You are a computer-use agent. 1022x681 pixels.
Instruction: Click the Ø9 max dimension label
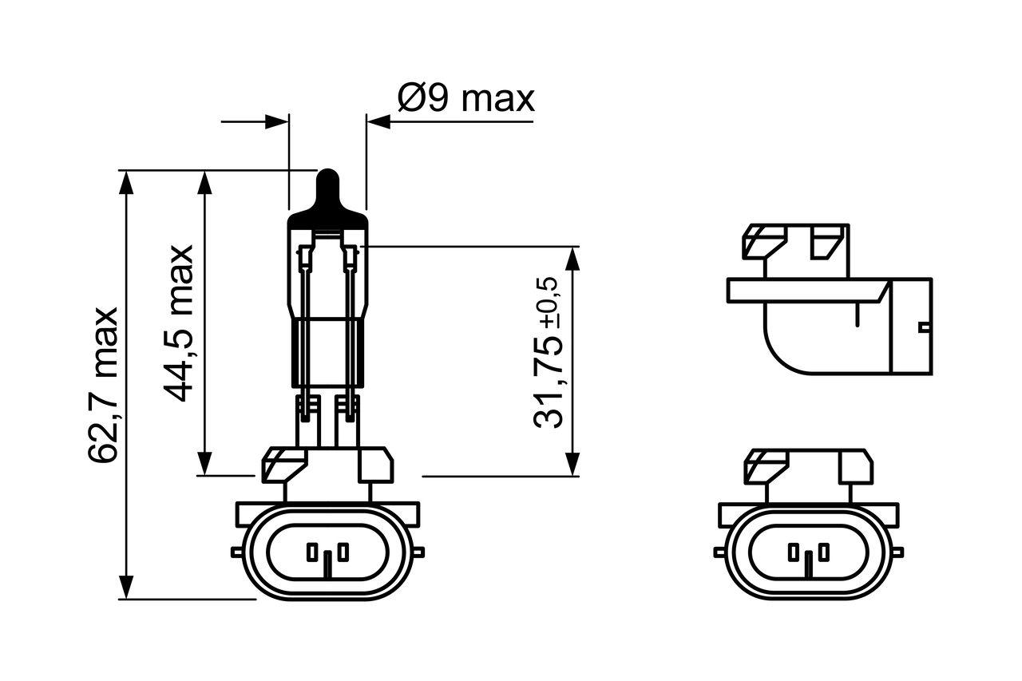[465, 99]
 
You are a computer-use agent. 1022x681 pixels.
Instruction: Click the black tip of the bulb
[327, 189]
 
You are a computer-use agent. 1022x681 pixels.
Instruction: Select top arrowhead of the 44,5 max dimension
[204, 180]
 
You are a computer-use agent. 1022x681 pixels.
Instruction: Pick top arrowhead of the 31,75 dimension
[572, 258]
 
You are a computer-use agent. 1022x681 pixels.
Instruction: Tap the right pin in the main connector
[342, 552]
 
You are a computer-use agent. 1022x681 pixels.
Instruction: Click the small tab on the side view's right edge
[925, 326]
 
